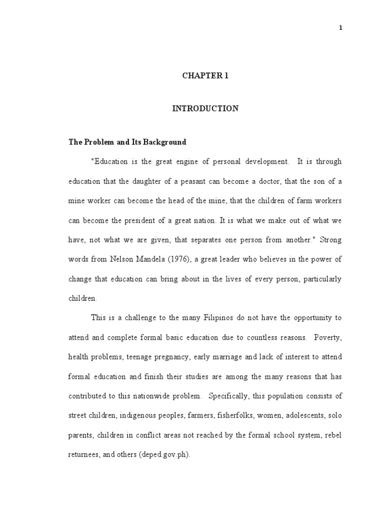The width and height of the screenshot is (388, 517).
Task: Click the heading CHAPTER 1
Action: tap(205, 76)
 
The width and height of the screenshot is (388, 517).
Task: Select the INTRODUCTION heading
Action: tap(205, 109)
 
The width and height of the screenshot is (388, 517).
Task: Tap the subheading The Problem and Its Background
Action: tap(127, 142)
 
